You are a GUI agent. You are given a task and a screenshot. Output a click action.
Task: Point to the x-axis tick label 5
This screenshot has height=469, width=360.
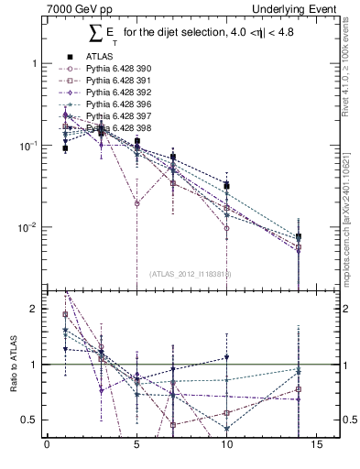(136, 448)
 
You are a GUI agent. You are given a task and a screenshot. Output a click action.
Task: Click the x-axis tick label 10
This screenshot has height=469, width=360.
(226, 448)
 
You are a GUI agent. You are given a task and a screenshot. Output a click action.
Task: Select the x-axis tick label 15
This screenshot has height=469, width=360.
(316, 448)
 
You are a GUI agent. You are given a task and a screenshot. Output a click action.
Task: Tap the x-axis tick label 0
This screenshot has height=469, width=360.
(47, 448)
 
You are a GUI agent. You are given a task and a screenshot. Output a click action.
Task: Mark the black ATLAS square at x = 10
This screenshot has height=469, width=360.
(226, 186)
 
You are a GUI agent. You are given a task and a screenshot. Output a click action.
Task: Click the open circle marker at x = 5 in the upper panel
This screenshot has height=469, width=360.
(136, 203)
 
